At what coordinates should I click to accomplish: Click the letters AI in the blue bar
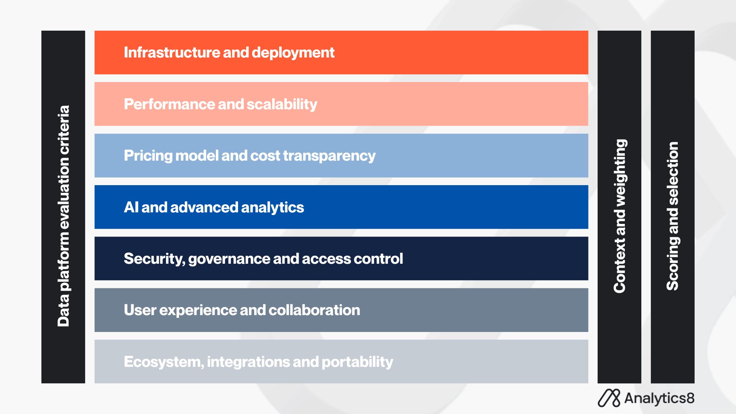tap(131, 207)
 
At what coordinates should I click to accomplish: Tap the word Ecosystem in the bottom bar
tap(164, 362)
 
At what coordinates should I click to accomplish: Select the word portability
tap(357, 362)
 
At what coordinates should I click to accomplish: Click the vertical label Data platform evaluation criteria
tap(63, 216)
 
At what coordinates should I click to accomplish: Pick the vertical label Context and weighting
tap(620, 216)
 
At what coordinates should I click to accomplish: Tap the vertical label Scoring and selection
tap(673, 216)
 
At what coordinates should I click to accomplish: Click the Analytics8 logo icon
tap(609, 398)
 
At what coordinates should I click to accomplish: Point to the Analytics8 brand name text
tap(659, 399)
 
